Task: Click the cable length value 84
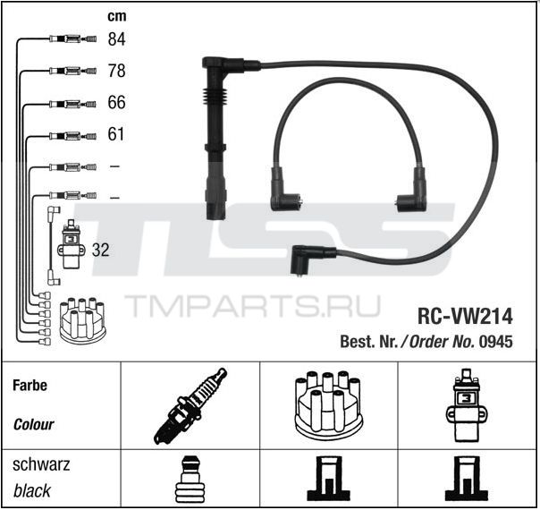point(116,39)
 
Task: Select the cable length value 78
point(116,71)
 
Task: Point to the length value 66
point(116,102)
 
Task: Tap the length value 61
point(115,134)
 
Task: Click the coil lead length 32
point(100,250)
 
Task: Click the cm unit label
point(117,16)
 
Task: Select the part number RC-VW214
point(465,317)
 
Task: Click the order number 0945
point(496,342)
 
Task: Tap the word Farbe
point(30,386)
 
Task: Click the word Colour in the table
point(33,424)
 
